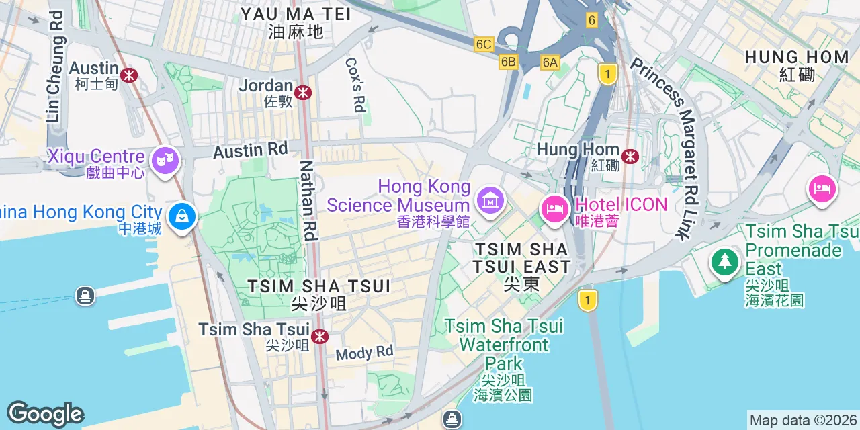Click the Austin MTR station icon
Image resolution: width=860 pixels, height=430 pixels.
pyautogui.click(x=129, y=74)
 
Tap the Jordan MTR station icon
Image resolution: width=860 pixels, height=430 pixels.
pyautogui.click(x=303, y=92)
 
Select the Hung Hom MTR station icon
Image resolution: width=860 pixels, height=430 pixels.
pyautogui.click(x=630, y=157)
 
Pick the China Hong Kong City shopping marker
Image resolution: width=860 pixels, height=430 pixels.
pyautogui.click(x=182, y=216)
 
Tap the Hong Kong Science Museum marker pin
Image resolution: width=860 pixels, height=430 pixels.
pyautogui.click(x=490, y=200)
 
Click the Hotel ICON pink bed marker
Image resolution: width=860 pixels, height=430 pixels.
pyautogui.click(x=555, y=208)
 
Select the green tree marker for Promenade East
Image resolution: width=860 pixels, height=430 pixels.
pyautogui.click(x=724, y=261)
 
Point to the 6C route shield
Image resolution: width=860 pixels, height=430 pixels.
pyautogui.click(x=484, y=44)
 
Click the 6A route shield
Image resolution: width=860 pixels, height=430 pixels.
pyautogui.click(x=550, y=62)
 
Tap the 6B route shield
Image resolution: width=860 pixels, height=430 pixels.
pyautogui.click(x=509, y=62)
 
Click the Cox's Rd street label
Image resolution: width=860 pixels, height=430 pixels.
pyautogui.click(x=356, y=85)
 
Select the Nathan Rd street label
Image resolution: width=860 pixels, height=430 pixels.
pyautogui.click(x=308, y=200)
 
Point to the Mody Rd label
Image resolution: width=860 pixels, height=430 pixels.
pyautogui.click(x=364, y=353)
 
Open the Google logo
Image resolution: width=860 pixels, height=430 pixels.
pyautogui.click(x=46, y=414)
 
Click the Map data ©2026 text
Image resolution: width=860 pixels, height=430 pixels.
pyautogui.click(x=804, y=420)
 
